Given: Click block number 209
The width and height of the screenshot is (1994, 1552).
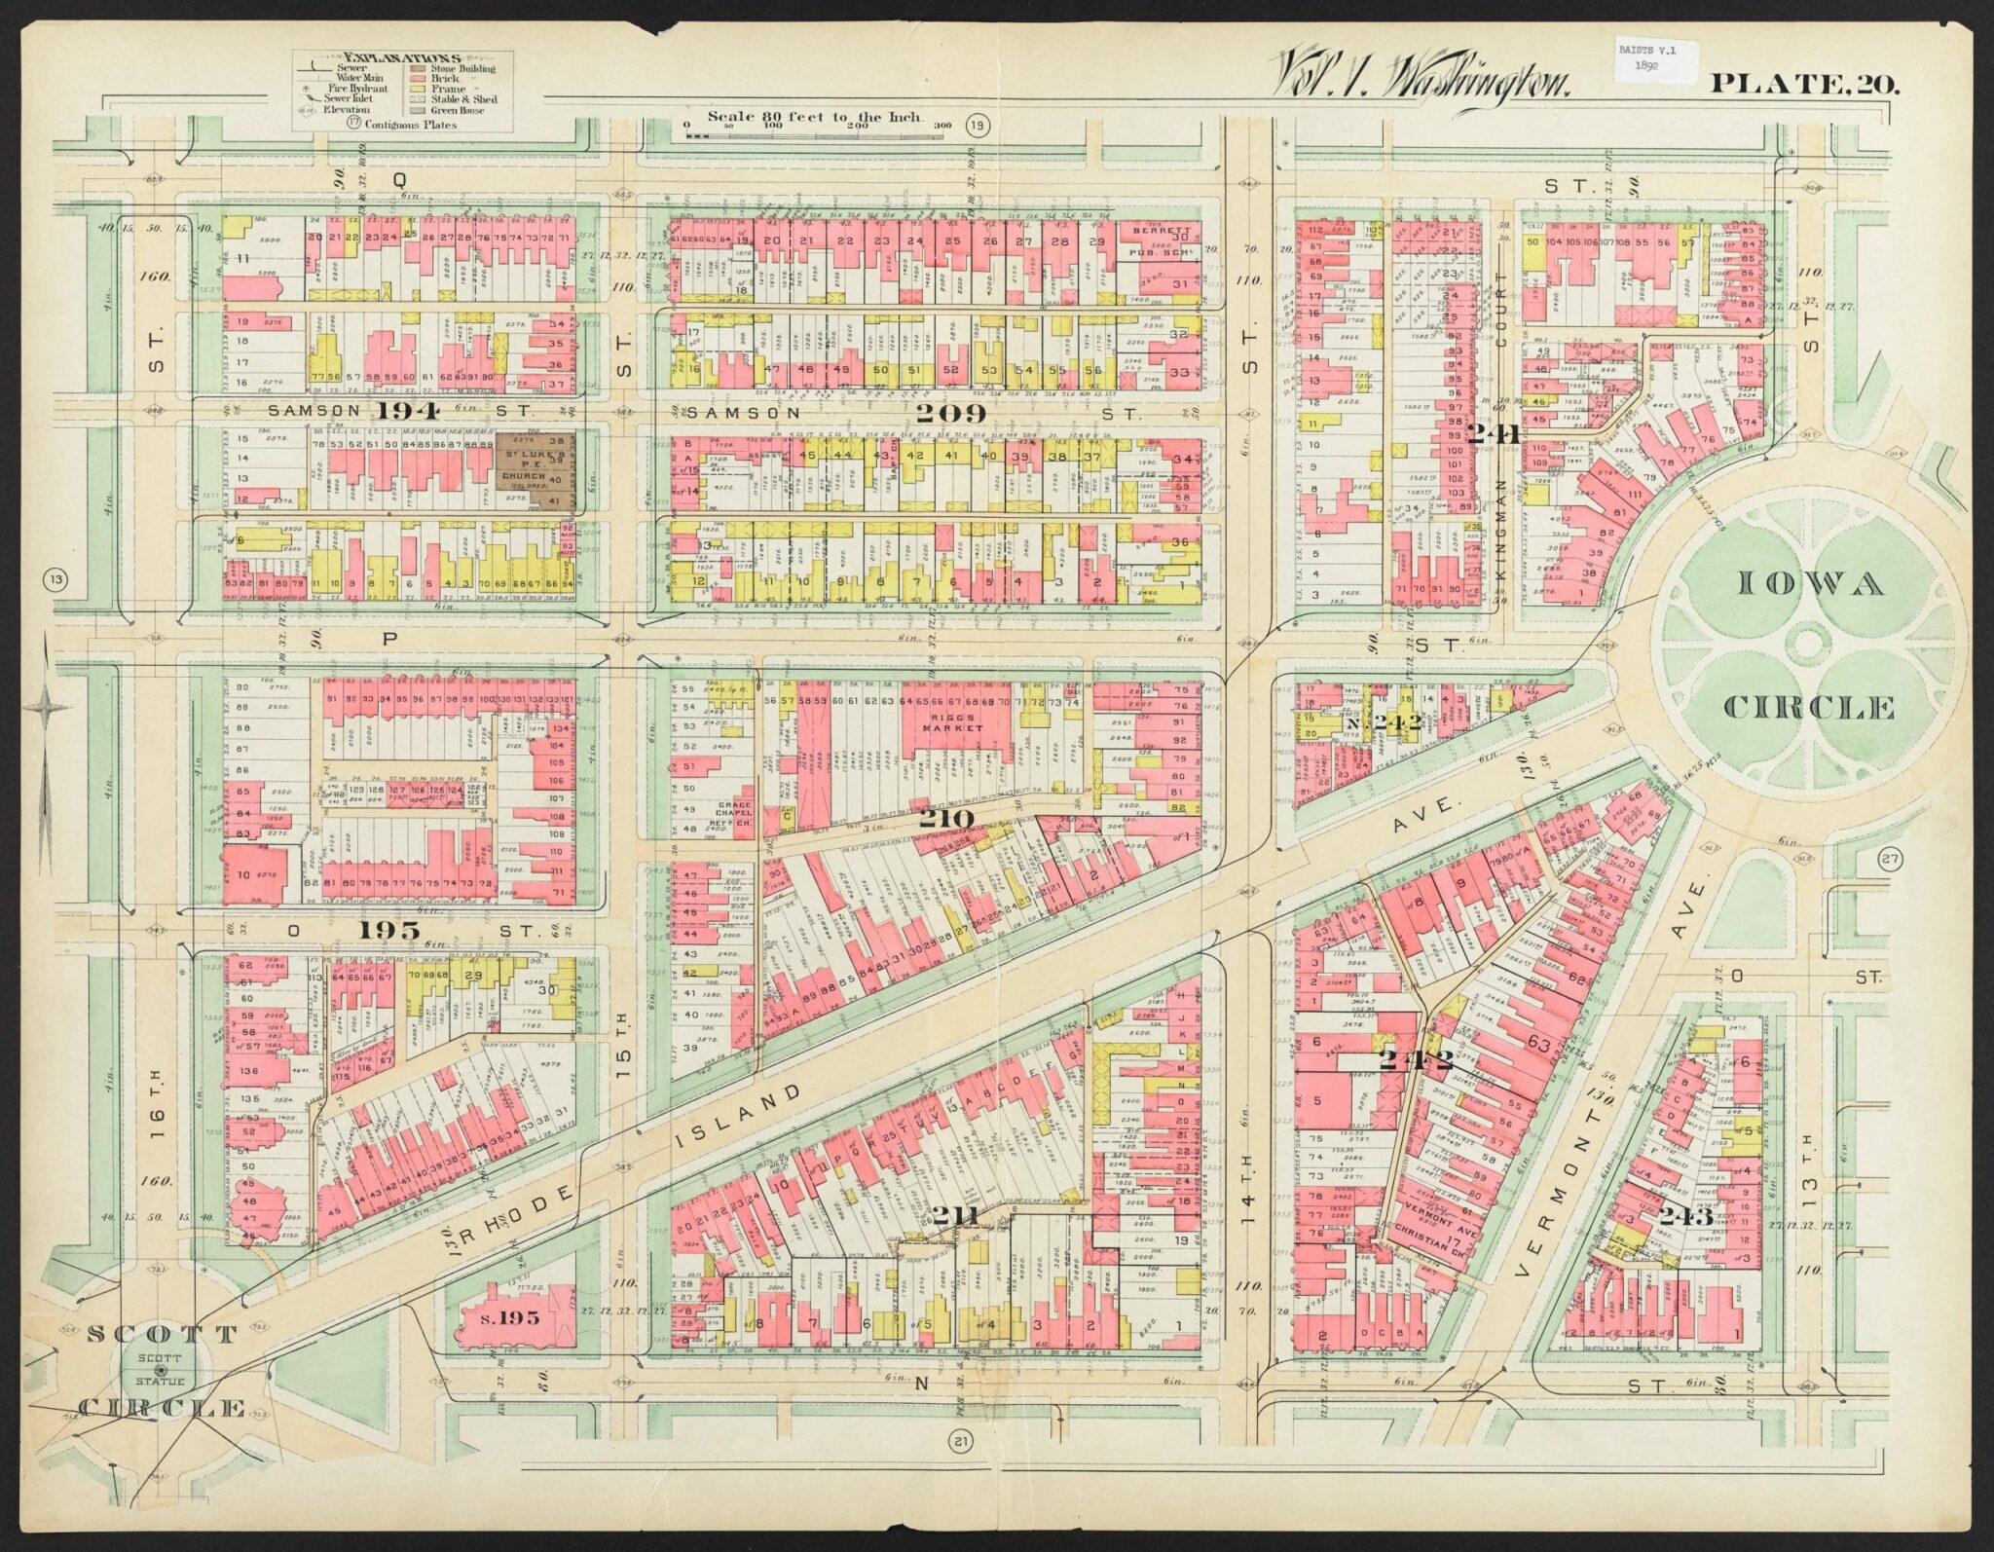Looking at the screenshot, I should pyautogui.click(x=952, y=414).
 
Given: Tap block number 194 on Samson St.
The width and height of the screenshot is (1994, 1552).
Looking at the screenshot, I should pyautogui.click(x=409, y=410).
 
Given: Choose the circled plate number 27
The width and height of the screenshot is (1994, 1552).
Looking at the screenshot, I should pyautogui.click(x=1890, y=859).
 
